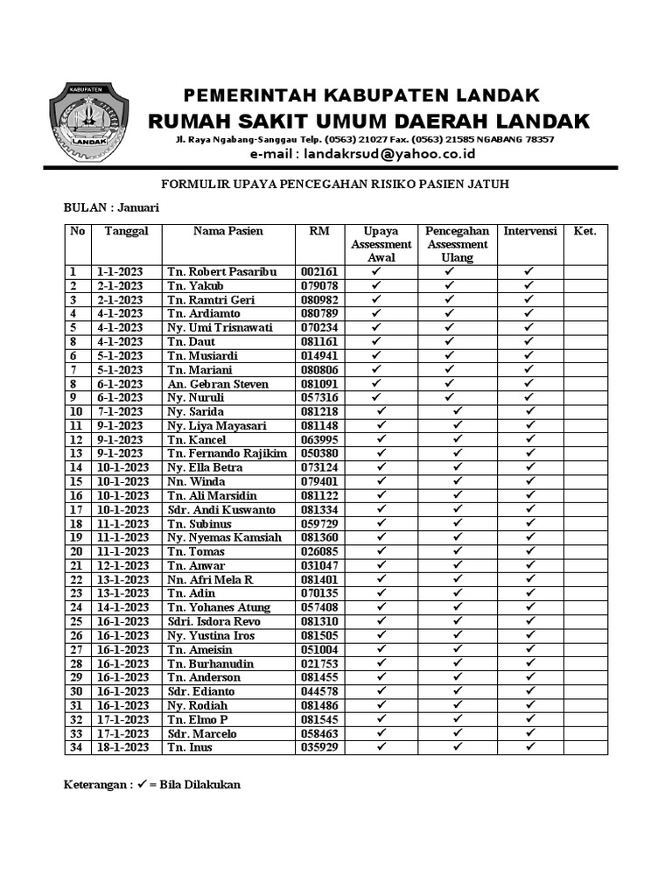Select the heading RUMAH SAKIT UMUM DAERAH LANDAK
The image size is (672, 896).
point(367,121)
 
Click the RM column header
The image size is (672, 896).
point(319,231)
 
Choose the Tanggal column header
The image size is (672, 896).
point(127,231)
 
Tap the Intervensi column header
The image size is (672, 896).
point(530,231)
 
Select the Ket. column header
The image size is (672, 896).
point(584,231)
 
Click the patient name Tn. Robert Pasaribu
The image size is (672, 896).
point(221,272)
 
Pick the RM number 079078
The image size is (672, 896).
point(319,286)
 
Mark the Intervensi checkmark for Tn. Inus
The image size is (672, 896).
point(530,747)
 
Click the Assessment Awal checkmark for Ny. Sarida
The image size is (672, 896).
point(381,411)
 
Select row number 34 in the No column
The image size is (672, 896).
point(76,747)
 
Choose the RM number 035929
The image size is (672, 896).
point(319,747)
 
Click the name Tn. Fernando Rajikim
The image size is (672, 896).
point(227,453)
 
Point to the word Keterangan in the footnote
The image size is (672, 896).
point(96,785)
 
